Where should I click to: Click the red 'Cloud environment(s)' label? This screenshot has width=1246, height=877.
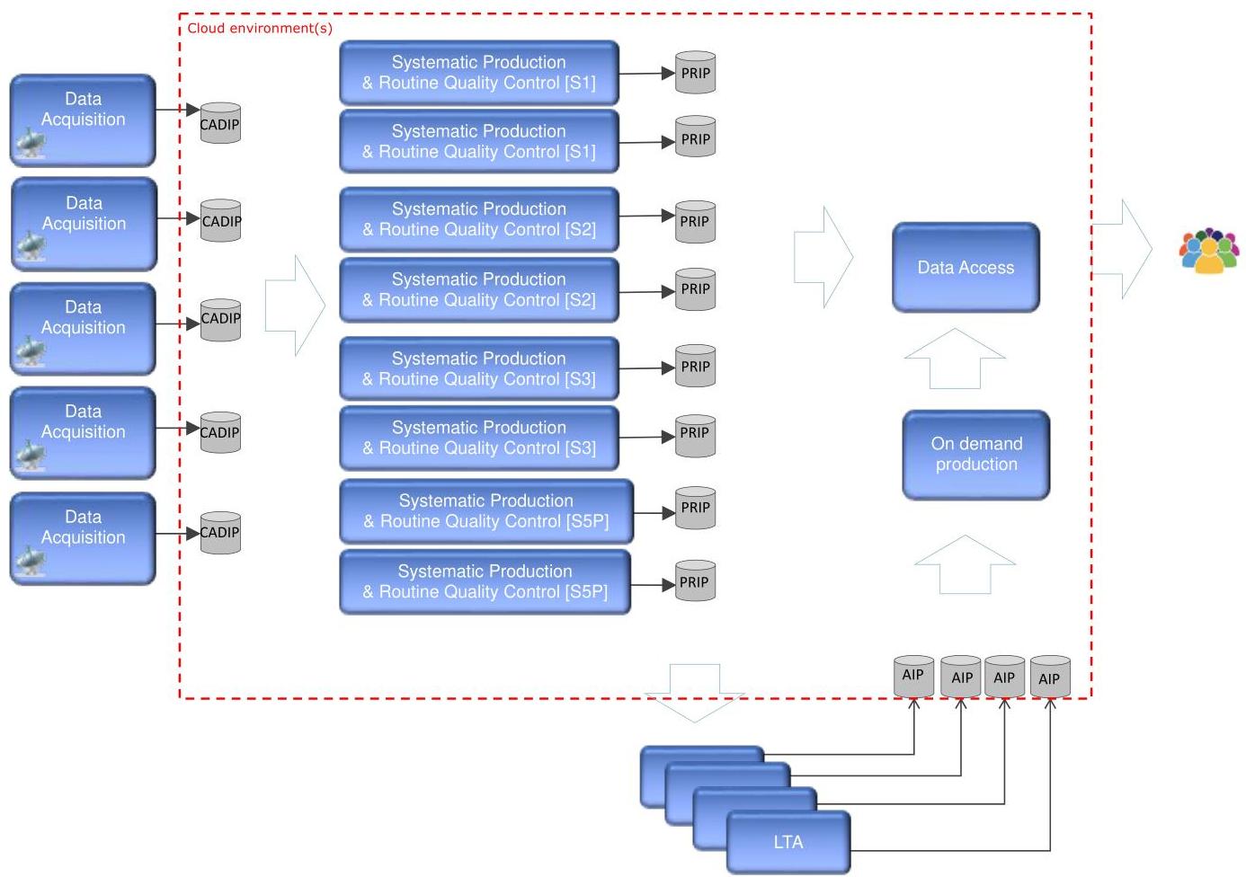(x=260, y=28)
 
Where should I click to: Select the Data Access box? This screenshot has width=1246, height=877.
(x=966, y=268)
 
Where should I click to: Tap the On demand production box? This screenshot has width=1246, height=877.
(x=976, y=455)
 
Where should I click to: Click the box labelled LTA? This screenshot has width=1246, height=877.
(x=788, y=842)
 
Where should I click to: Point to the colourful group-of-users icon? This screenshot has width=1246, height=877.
(x=1209, y=251)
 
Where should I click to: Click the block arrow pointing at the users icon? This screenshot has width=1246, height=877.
(x=1123, y=249)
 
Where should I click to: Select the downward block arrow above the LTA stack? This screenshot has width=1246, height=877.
(x=694, y=693)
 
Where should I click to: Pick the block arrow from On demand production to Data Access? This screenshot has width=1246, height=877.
(x=955, y=359)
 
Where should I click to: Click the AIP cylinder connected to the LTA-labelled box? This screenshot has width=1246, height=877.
(x=1050, y=677)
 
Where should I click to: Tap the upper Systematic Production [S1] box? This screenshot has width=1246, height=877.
(x=479, y=72)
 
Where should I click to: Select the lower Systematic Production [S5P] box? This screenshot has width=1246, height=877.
(x=485, y=581)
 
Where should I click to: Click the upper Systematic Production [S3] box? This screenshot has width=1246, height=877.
(x=479, y=368)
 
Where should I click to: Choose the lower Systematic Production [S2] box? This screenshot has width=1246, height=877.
(x=479, y=289)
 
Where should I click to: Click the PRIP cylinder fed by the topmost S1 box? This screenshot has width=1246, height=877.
(x=695, y=72)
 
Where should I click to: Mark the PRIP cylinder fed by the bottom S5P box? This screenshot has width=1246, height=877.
(x=695, y=580)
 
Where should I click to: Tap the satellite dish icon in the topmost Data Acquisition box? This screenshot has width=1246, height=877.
(x=31, y=142)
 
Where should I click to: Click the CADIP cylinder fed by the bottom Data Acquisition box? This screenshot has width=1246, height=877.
(x=220, y=533)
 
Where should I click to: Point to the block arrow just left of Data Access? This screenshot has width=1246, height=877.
(x=823, y=257)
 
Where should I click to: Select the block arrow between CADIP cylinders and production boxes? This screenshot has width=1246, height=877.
(x=295, y=306)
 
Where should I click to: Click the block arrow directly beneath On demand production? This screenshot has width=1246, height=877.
(x=966, y=565)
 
